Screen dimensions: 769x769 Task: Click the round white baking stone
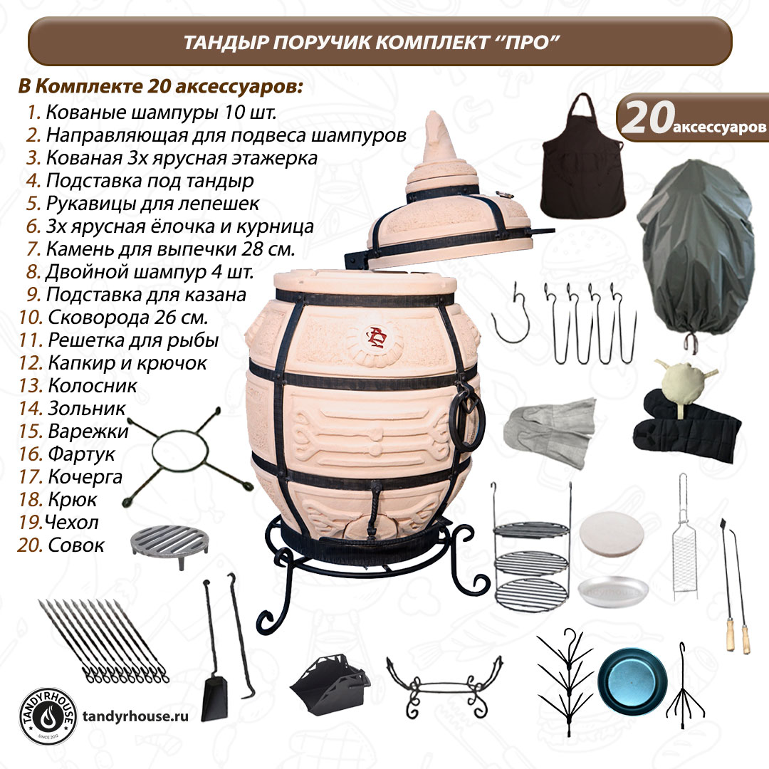click(612, 533)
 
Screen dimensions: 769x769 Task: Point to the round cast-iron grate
click(169, 545)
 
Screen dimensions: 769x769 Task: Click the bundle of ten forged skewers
click(103, 640)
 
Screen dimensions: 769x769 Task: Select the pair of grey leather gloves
click(549, 430)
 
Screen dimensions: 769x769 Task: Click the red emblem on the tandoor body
click(377, 338)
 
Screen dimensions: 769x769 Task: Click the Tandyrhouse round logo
click(48, 716)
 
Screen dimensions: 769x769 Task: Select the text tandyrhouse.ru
click(135, 716)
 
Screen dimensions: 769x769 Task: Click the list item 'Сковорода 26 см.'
click(128, 318)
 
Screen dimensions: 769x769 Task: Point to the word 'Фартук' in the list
click(81, 454)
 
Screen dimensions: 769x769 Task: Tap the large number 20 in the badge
click(647, 118)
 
